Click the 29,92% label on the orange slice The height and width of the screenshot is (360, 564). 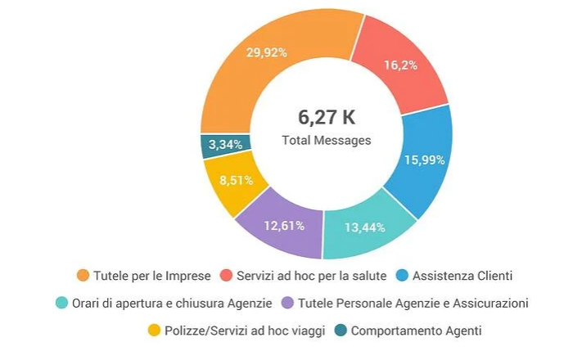tap(266, 52)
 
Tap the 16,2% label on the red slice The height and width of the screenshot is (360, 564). tap(400, 65)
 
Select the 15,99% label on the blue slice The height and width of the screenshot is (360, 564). tap(425, 160)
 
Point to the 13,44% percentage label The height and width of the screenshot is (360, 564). tap(365, 227)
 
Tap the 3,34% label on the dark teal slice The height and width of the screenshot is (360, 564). tap(224, 145)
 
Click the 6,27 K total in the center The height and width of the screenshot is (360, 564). tap(327, 116)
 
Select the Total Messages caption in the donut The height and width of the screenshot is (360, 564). tap(327, 140)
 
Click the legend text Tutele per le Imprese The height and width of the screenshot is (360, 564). tap(152, 275)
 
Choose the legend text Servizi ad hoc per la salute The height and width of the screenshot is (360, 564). tap(311, 275)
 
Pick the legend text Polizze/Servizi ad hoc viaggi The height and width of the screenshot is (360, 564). tap(245, 331)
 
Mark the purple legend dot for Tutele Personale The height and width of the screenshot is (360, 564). tap(287, 303)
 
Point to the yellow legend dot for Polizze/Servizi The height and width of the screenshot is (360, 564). tap(153, 331)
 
